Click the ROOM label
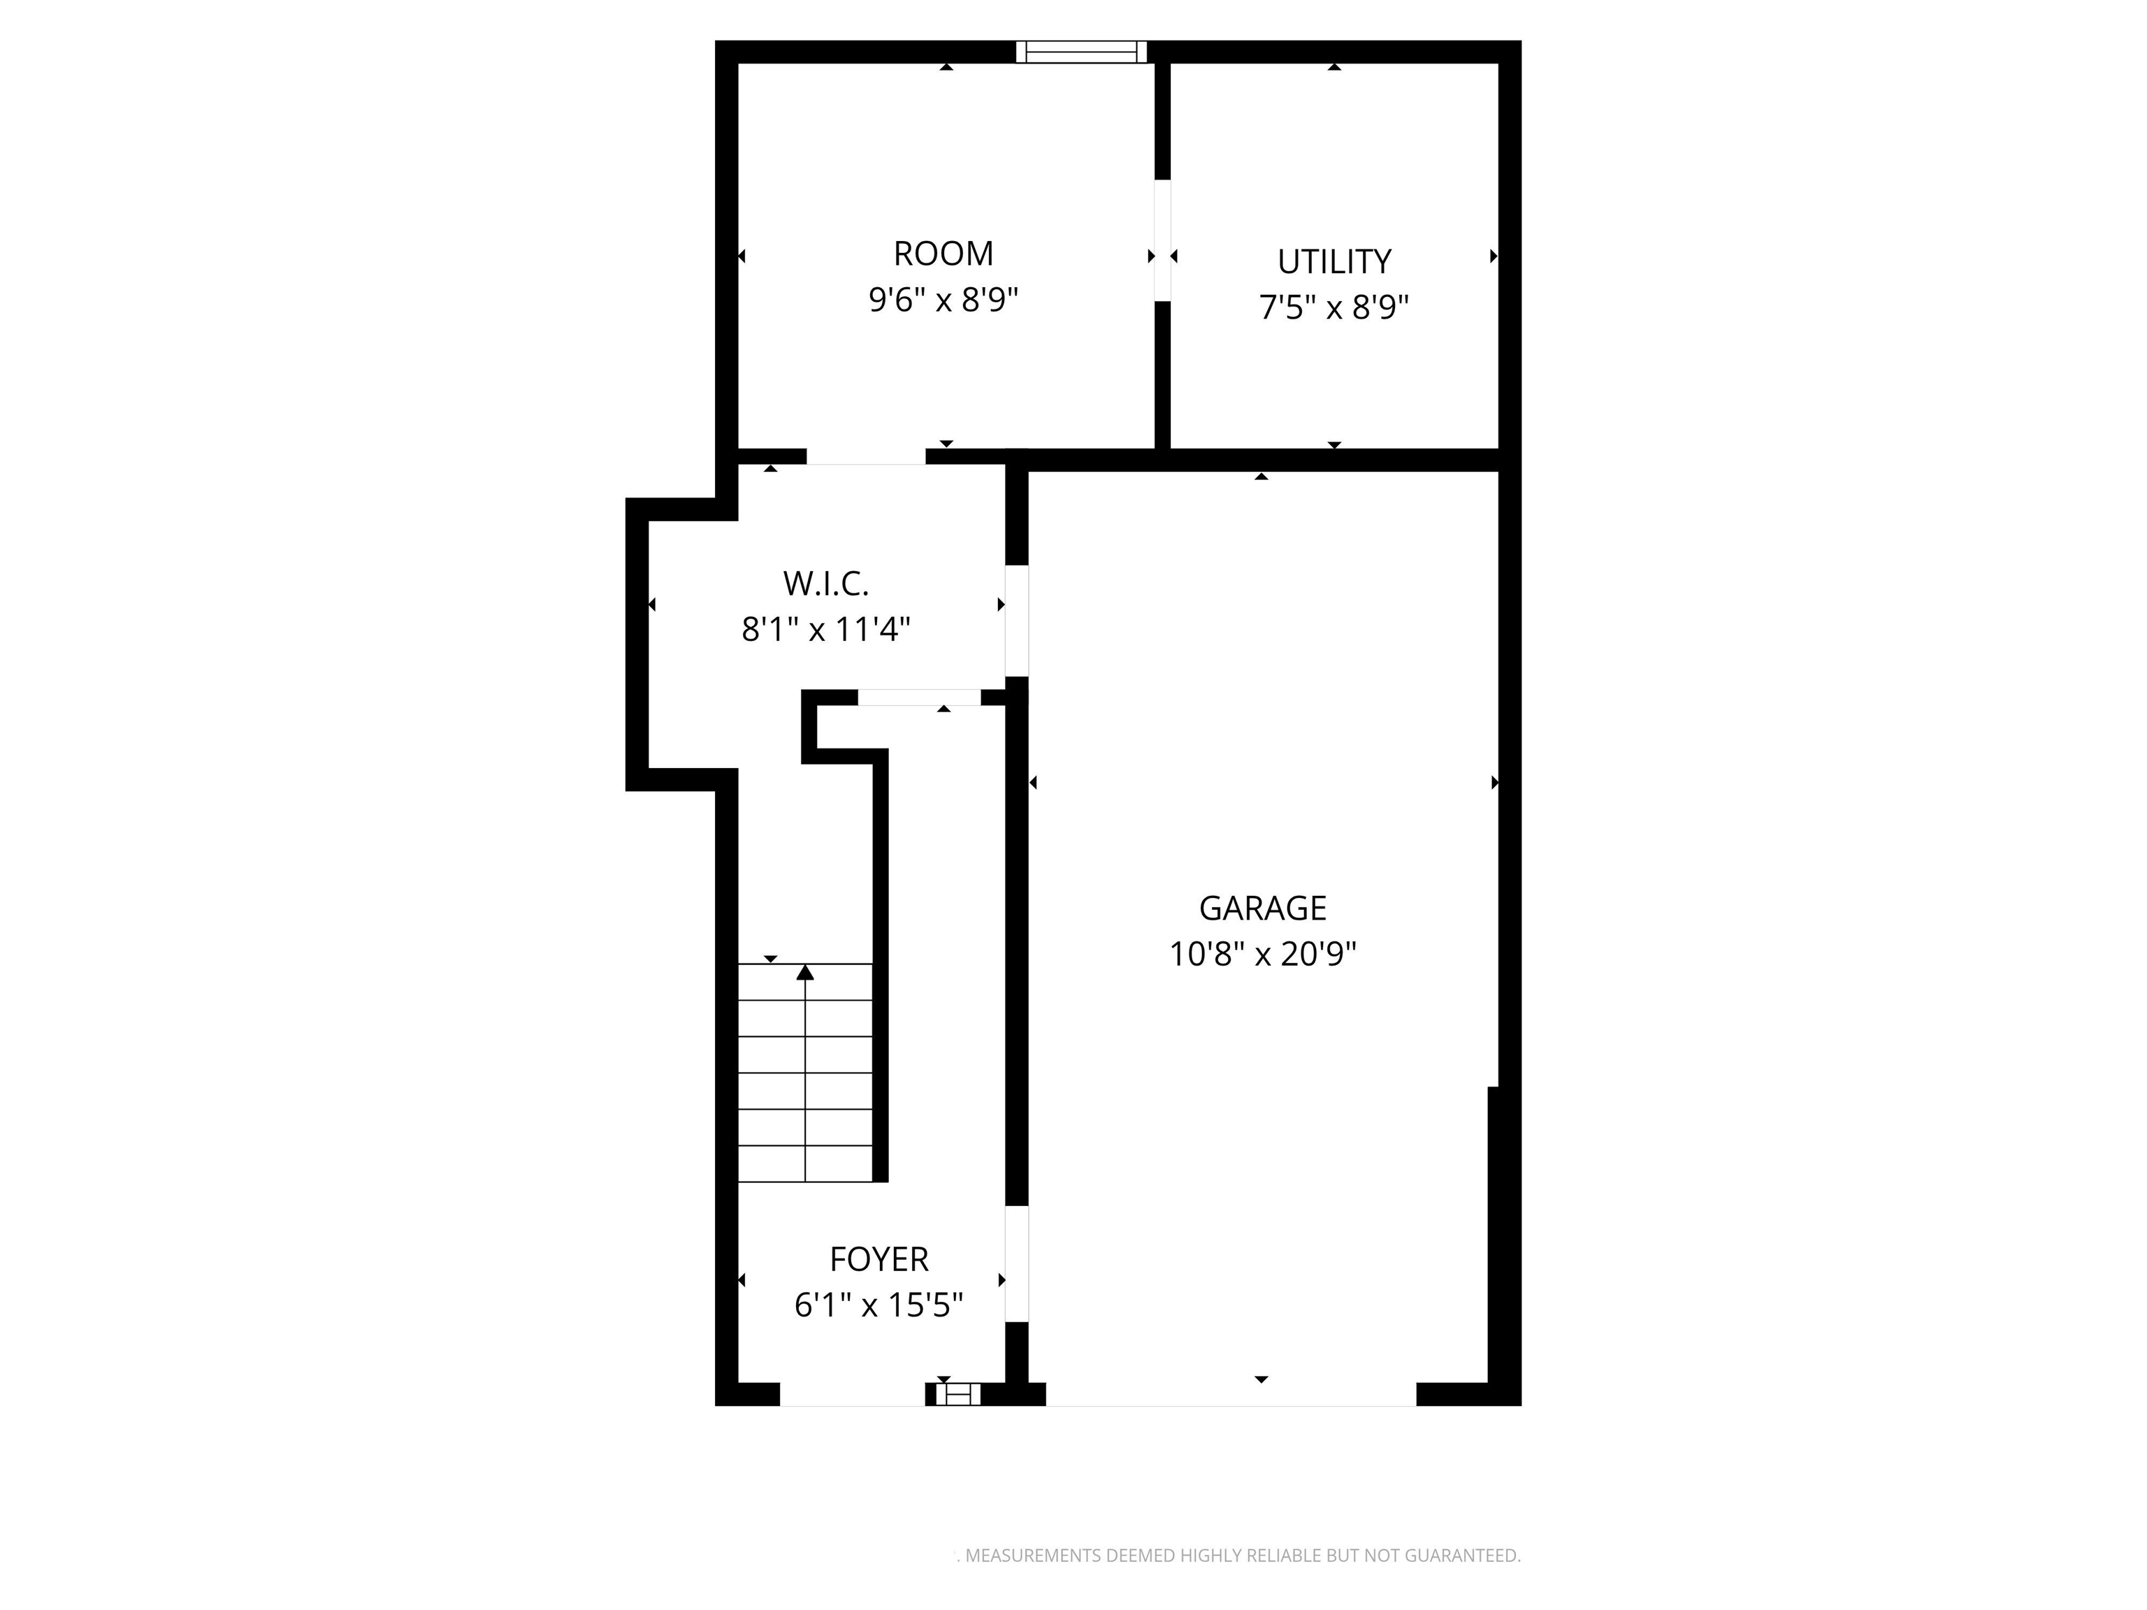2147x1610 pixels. click(943, 253)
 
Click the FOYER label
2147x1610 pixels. click(879, 1259)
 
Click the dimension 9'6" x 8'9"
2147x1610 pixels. click(943, 300)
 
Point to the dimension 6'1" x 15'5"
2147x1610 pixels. click(879, 1305)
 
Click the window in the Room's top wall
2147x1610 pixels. click(1081, 52)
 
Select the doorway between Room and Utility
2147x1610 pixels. click(1162, 240)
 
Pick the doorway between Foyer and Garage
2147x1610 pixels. click(1016, 1263)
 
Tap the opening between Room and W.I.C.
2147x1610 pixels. click(866, 457)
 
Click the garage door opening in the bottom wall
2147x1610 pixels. click(1231, 1395)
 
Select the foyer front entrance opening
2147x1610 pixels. click(852, 1395)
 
